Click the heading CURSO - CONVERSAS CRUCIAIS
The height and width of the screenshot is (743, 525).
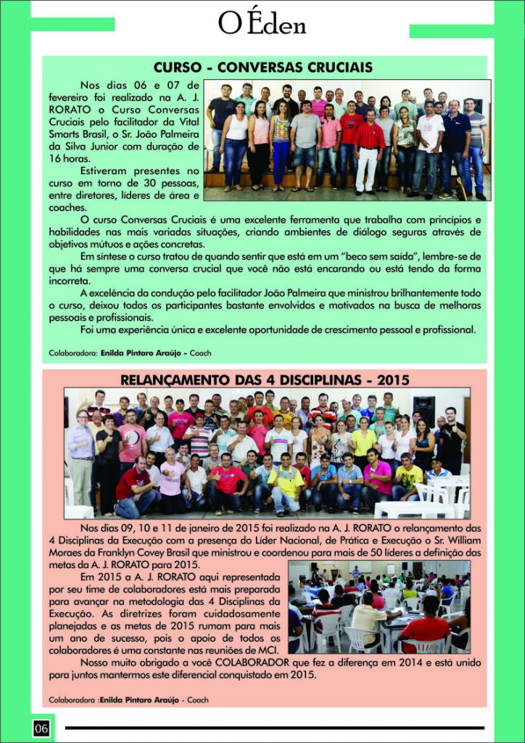coord(264,67)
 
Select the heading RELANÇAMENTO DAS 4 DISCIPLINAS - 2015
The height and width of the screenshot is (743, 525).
coord(265,379)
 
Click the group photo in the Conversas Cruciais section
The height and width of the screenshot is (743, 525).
coord(347,139)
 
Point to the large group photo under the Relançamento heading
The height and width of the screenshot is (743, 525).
coord(267,453)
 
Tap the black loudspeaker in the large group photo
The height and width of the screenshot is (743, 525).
coord(424,409)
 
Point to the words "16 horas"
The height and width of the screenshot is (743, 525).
coord(70,158)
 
